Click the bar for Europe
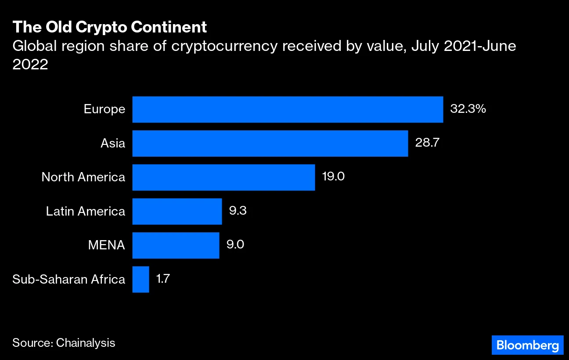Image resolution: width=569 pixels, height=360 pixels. pos(288,109)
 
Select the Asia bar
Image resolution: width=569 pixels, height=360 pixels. pos(270,144)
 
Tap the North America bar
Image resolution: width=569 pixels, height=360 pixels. pos(223,177)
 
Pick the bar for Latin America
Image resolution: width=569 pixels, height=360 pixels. pos(177,212)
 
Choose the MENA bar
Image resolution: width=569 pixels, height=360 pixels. pos(176,245)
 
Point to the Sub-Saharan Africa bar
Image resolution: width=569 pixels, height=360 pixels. pos(140,280)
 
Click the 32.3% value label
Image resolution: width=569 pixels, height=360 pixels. pos(468,109)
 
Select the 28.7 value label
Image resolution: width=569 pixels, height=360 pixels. pos(424,144)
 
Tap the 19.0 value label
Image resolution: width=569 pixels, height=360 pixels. pos(333,177)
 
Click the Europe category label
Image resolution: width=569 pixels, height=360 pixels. pos(104,109)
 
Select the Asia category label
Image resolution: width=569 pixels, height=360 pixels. pos(113,144)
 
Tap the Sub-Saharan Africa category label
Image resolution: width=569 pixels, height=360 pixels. pos(69,280)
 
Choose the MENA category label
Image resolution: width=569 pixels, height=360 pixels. pos(106,245)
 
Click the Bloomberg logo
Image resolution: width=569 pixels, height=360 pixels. pos(527,345)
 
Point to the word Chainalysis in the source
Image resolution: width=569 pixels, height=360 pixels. pos(86,343)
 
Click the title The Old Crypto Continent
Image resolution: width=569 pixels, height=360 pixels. pos(110,27)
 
